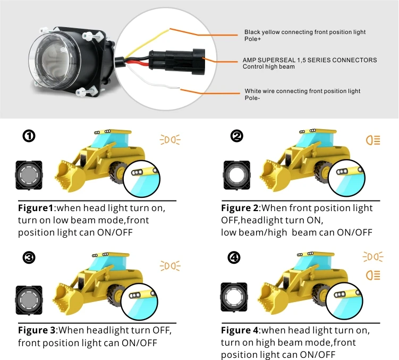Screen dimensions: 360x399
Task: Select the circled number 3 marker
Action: tap(29, 258)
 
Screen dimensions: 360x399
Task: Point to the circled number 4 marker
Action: tap(234, 258)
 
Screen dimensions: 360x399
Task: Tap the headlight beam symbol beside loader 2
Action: tap(373, 140)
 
